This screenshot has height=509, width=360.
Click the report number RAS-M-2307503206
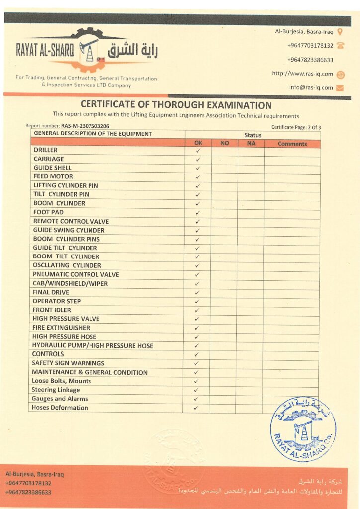(x=85, y=126)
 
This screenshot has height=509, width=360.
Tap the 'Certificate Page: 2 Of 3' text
(x=296, y=127)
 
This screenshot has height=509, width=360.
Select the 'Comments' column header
(x=292, y=144)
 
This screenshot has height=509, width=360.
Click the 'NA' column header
(x=251, y=144)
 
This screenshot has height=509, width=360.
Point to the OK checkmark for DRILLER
(x=198, y=150)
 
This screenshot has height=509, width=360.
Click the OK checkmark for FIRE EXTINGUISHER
(x=197, y=328)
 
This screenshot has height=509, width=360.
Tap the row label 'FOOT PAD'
(x=48, y=212)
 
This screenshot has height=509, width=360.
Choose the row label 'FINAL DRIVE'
(x=51, y=292)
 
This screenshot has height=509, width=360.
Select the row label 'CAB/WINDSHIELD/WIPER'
(x=70, y=283)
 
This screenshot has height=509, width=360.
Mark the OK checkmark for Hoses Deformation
(x=196, y=408)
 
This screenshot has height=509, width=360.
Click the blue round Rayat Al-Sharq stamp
(x=303, y=428)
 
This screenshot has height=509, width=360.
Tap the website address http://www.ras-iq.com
(x=302, y=74)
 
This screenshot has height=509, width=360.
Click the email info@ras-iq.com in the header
(x=311, y=87)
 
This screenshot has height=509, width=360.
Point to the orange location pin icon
(x=340, y=32)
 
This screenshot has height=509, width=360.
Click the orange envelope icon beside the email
(x=340, y=88)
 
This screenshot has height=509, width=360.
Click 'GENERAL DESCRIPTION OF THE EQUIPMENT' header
(x=92, y=134)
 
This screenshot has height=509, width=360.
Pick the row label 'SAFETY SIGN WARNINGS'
(x=68, y=363)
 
